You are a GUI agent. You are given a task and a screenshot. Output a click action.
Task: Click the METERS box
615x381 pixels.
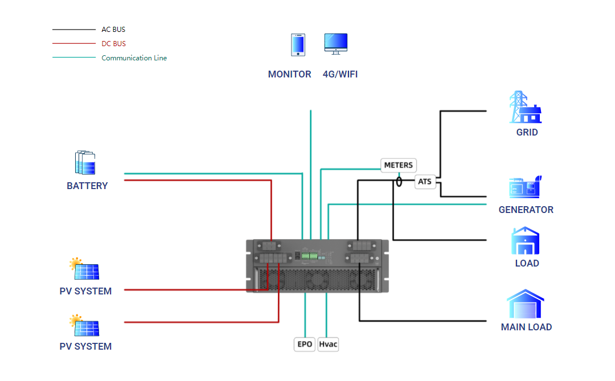[399, 165]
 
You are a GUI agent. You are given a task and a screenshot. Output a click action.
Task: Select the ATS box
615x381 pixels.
[425, 182]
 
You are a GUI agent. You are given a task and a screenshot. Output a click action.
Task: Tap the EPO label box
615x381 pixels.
[305, 344]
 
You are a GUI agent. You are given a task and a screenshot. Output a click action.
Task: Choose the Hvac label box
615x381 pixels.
[328, 344]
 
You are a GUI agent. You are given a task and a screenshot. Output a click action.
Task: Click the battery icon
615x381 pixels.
[85, 163]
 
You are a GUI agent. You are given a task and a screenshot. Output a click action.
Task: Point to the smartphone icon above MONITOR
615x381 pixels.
[298, 45]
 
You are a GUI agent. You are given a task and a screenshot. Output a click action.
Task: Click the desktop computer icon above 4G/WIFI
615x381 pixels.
[335, 44]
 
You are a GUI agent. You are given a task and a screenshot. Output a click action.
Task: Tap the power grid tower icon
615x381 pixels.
[524, 107]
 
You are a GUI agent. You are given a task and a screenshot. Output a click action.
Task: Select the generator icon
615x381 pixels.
[524, 187]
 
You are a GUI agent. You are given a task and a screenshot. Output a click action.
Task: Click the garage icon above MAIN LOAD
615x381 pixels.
[525, 304]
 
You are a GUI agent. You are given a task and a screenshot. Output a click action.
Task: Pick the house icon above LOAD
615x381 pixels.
[526, 241]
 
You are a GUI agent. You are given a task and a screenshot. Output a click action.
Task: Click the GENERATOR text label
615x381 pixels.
[526, 210]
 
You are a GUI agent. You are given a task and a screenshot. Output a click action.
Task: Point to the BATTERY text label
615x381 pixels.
[87, 186]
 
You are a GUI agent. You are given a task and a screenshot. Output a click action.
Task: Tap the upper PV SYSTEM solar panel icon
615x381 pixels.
[84, 269]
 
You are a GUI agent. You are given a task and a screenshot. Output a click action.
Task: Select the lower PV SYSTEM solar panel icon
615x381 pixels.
[84, 325]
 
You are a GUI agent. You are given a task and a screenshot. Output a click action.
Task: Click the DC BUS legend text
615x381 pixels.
[113, 44]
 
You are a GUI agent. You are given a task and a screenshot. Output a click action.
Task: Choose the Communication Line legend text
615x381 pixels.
[134, 58]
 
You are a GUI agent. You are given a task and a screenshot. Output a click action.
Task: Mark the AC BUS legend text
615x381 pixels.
[113, 30]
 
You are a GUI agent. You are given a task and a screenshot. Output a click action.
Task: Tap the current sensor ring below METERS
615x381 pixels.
[399, 182]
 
